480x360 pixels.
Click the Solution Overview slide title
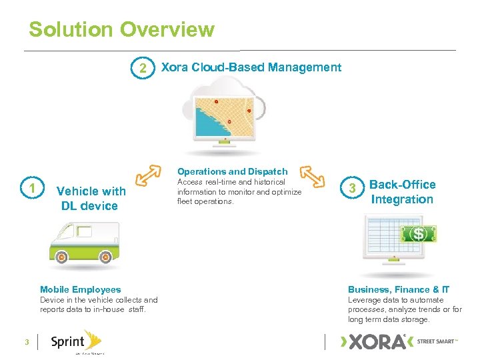(121, 30)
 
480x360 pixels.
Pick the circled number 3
(353, 189)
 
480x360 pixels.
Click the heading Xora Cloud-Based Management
(251, 67)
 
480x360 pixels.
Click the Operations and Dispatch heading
(233, 171)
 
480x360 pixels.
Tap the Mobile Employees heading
(81, 289)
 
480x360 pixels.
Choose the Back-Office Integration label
(402, 192)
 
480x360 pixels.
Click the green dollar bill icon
(418, 234)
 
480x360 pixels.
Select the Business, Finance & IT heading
(399, 289)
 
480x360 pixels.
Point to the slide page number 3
(26, 342)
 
